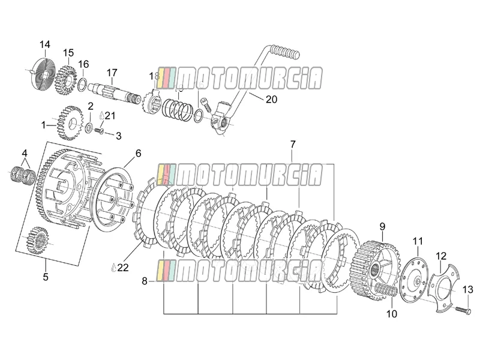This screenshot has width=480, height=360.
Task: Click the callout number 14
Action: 44,44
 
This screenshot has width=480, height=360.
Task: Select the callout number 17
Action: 112,73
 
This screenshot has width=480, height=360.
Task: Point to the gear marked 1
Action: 70,123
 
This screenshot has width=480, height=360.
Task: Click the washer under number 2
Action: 89,127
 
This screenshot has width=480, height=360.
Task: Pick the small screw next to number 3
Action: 98,131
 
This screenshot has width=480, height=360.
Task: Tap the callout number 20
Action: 271,99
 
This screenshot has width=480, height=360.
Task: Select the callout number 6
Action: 139,153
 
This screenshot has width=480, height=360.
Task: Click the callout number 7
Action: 293,144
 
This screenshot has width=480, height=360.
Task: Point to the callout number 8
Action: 145,281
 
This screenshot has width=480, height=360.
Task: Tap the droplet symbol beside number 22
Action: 113,268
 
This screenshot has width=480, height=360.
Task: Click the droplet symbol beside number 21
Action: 101,116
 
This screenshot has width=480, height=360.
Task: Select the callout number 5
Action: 46,277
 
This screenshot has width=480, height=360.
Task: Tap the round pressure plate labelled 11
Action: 413,280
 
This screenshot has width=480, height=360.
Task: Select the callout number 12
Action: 441,256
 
